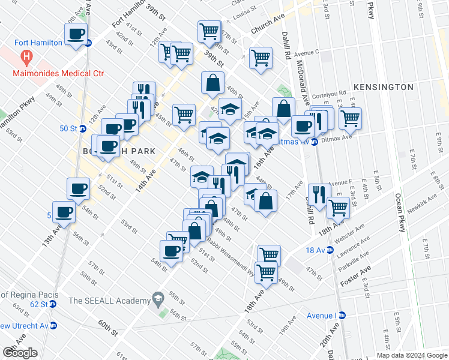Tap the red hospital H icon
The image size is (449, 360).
[x=26, y=58]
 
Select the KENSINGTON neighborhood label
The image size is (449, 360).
[x=383, y=87]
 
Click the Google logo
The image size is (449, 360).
[x=20, y=353]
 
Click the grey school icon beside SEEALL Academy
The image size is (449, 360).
[x=158, y=298]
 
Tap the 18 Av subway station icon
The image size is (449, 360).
[x=330, y=250]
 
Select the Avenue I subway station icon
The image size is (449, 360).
[x=342, y=314]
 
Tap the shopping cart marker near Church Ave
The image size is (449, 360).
[x=209, y=31]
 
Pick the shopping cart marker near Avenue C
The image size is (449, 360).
[x=261, y=58]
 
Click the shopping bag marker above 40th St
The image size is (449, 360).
[x=212, y=83]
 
